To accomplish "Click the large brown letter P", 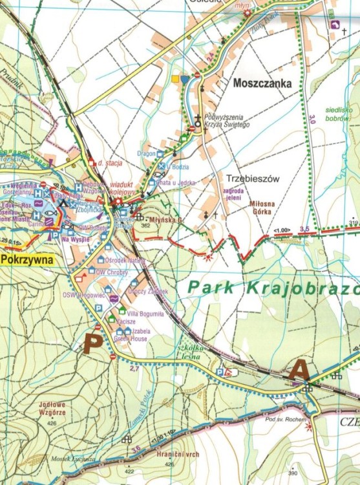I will (x=93, y=343).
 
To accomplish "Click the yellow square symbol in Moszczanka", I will (x=175, y=79).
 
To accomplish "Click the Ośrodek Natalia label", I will (x=129, y=260).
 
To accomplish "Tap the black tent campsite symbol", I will (x=63, y=204).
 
